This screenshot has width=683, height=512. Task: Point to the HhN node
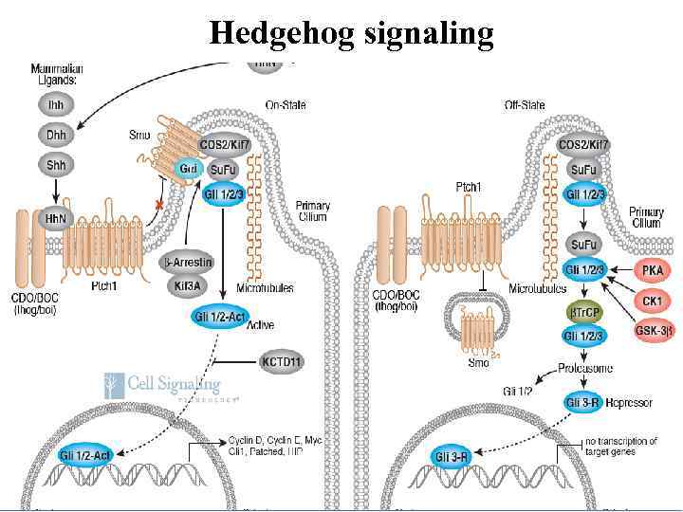point(54,218)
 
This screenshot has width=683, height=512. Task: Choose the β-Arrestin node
point(188,262)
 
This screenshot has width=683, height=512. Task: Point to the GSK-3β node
point(652,333)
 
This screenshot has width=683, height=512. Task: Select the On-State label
point(286,104)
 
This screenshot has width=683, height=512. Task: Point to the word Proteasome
point(584,368)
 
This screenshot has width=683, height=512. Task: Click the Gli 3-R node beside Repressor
point(582,402)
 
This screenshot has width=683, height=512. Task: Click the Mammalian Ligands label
point(57,73)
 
